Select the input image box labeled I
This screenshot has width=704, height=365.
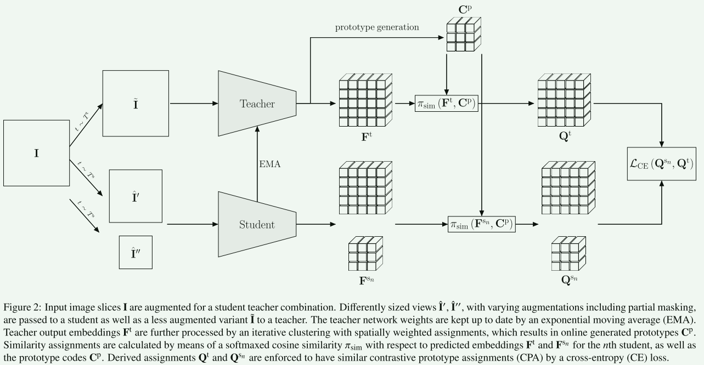(36, 153)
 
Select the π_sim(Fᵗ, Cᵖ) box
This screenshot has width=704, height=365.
(448, 103)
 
